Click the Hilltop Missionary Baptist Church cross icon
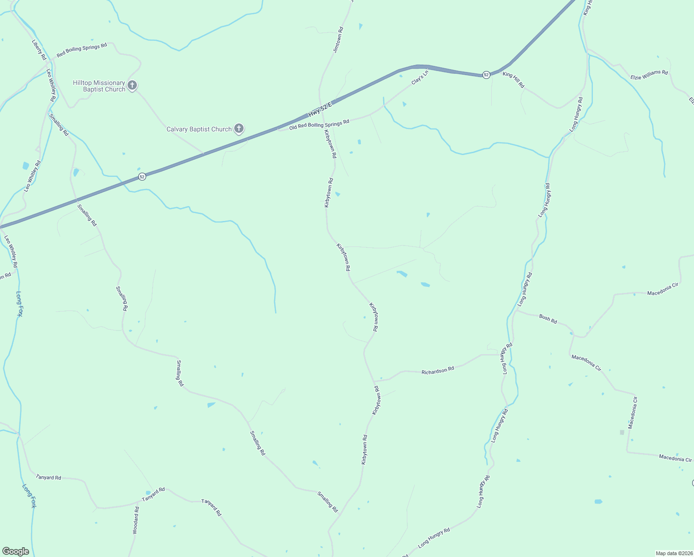point(132,85)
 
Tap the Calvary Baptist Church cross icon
point(239,129)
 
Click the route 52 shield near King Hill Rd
point(486,75)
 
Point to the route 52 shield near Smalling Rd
point(142,176)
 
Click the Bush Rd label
point(548,319)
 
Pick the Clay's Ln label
point(420,78)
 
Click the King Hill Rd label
point(514,80)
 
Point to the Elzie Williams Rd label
point(649,75)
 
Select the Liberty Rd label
point(39,49)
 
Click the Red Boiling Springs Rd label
point(82,50)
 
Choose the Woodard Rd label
point(135,520)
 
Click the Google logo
point(15,551)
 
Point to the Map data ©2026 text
point(674,553)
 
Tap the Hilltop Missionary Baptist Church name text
point(99,86)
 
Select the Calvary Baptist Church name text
point(199,129)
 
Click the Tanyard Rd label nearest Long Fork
point(48,477)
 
